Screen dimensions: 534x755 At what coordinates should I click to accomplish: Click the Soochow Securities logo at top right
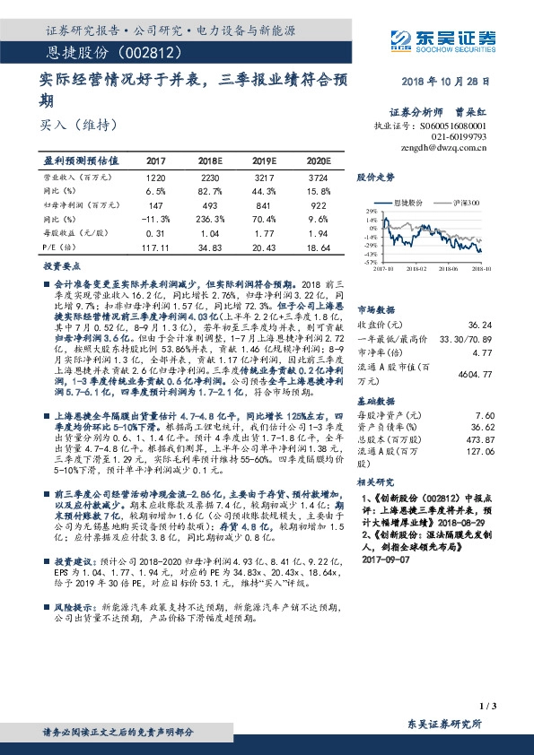(447, 38)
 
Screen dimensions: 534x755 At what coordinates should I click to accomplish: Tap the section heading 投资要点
(60, 266)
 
